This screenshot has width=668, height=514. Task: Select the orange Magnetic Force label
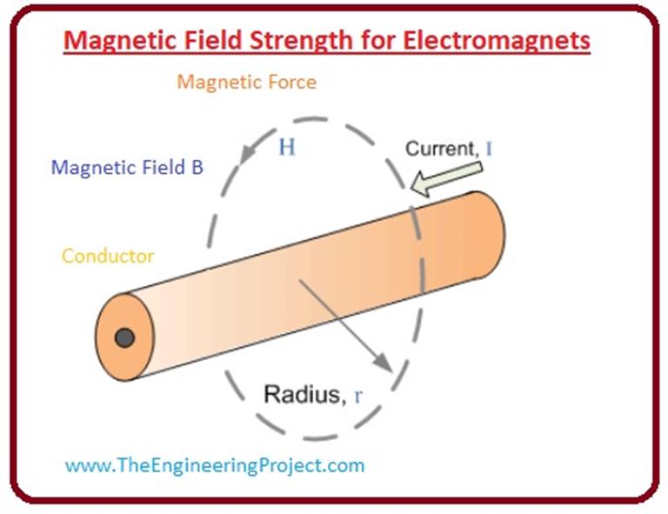coord(246,83)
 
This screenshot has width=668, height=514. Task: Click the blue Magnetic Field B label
coord(127,168)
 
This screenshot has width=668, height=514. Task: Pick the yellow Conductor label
coord(108,257)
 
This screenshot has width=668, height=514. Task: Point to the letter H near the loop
coord(286,147)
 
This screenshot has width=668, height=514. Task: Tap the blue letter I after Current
coord(490,148)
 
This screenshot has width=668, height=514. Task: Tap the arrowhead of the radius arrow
coord(382,359)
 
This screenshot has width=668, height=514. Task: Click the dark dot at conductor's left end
coord(125,337)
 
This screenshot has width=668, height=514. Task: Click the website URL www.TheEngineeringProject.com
coord(215,465)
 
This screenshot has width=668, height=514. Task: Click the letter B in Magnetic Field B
coord(197,168)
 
